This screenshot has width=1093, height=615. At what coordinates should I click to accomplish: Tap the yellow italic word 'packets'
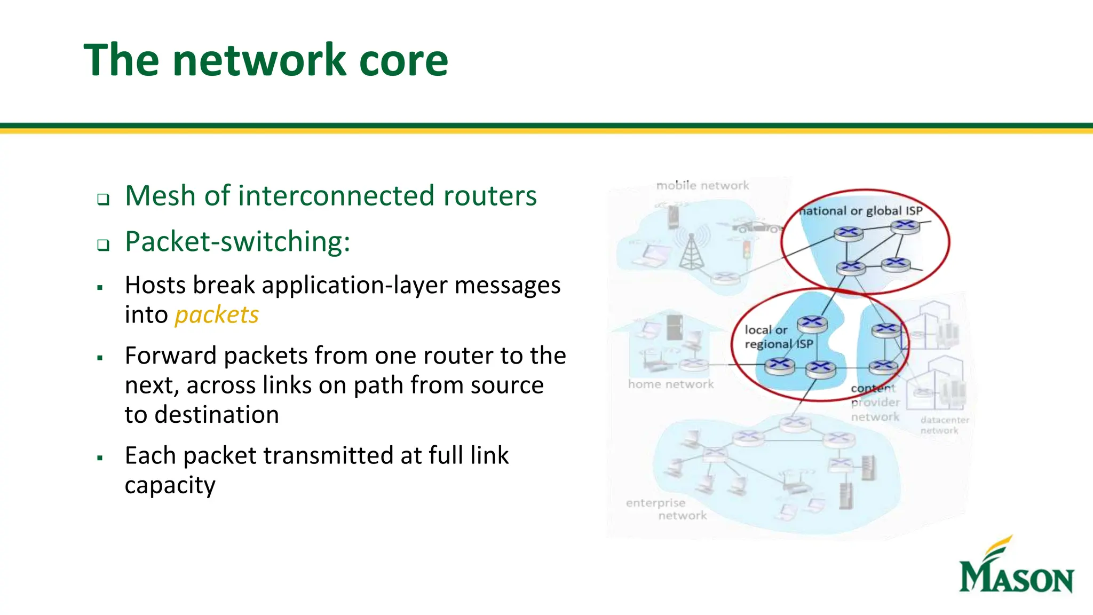pos(217,315)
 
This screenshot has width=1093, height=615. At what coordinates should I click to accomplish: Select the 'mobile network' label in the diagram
pos(702,186)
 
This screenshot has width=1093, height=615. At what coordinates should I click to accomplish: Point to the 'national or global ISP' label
pos(860,211)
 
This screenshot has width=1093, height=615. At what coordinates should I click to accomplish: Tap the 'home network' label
pos(671,384)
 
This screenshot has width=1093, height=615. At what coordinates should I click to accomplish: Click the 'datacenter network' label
pos(944,425)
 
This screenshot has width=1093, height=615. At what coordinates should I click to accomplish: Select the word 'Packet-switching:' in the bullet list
pos(237,242)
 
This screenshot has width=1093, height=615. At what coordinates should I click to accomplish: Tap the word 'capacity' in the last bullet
pos(170,486)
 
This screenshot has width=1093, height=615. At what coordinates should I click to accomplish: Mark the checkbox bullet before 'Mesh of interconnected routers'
pos(103,200)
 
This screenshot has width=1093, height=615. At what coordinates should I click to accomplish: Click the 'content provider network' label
pos(875,403)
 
